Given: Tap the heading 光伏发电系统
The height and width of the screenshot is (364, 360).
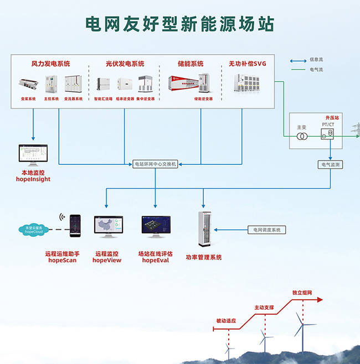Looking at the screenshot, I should (125, 64).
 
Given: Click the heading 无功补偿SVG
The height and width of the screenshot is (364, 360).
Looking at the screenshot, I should (247, 64).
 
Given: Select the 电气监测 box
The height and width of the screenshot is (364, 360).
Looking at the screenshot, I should (331, 164).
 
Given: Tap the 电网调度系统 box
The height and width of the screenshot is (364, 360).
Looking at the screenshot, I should (266, 229).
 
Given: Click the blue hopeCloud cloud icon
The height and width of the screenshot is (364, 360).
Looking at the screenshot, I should (37, 230).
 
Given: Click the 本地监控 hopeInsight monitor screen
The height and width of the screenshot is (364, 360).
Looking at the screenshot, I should (33, 155).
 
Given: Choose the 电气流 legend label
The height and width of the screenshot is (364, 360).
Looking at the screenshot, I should (316, 70).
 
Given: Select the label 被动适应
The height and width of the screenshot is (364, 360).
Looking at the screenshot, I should (226, 321).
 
